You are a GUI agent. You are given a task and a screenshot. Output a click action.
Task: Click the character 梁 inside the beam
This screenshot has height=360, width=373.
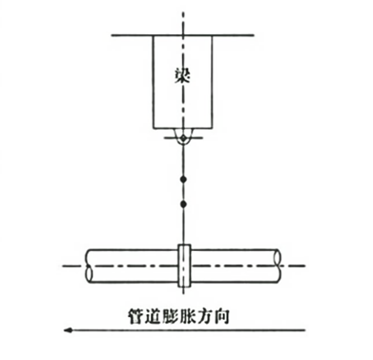[x=183, y=75]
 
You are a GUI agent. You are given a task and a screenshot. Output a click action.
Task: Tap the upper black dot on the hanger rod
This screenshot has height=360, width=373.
[x=183, y=180]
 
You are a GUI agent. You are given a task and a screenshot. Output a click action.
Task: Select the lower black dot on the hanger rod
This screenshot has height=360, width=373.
[x=183, y=203]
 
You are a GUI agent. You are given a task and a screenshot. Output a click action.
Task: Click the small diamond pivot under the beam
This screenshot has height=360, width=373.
[x=183, y=138]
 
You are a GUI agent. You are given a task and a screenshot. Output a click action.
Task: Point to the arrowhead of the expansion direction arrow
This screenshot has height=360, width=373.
[x=68, y=330]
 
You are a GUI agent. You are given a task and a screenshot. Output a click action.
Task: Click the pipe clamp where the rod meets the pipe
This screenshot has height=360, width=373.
[x=184, y=265]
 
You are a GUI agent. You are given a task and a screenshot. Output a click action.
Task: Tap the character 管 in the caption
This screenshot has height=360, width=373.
[x=136, y=316]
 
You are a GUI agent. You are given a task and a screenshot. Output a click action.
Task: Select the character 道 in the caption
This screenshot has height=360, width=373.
[x=154, y=316]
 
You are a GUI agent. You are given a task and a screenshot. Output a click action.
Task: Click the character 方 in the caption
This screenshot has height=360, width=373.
[x=204, y=316]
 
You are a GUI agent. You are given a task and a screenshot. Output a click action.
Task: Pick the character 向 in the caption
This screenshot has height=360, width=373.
[x=221, y=316]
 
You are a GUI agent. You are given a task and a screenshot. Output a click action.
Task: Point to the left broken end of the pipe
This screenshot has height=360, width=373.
[x=89, y=265]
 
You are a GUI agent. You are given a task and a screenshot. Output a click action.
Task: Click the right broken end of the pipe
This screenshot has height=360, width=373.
[x=278, y=265]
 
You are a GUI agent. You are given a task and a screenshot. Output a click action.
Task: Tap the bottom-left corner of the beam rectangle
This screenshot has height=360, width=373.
[x=154, y=129]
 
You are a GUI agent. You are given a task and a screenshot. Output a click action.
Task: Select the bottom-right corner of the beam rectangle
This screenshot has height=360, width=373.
[x=213, y=129]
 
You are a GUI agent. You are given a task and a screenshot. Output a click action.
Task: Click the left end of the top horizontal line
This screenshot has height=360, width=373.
[x=112, y=35]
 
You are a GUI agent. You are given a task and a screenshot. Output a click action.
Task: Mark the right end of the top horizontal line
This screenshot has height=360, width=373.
[x=254, y=35]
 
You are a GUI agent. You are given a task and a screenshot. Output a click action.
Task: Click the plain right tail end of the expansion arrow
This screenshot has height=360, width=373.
[x=305, y=330]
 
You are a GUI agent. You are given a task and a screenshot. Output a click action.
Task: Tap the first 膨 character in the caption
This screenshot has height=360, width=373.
[x=171, y=316]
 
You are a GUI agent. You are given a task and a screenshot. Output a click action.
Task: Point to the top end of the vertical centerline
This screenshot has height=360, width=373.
[x=183, y=12]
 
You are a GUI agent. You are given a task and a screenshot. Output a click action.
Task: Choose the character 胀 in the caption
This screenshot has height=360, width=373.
[x=187, y=316]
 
